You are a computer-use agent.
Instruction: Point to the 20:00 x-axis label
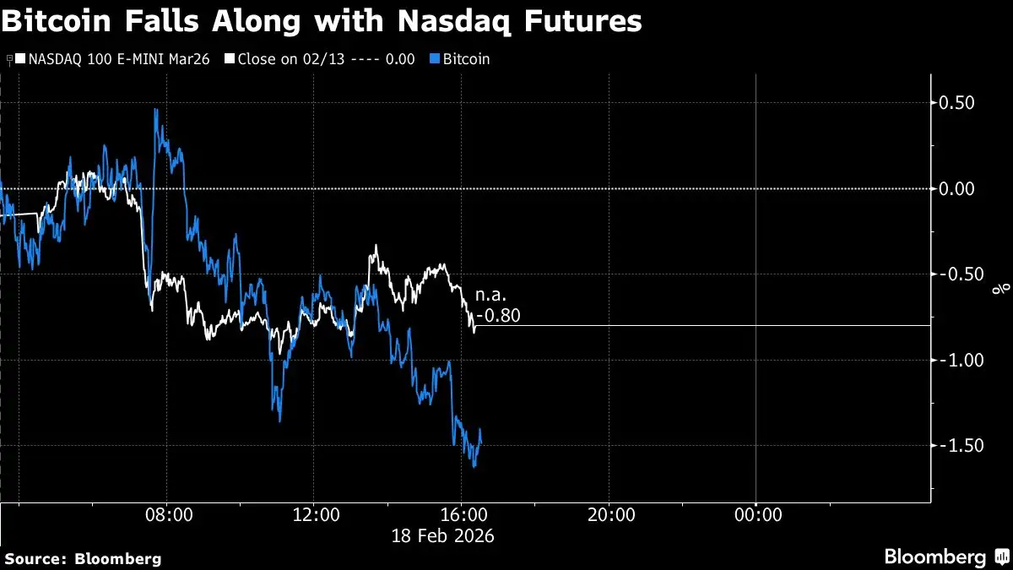(x=610, y=514)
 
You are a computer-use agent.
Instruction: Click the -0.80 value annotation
(x=499, y=317)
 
